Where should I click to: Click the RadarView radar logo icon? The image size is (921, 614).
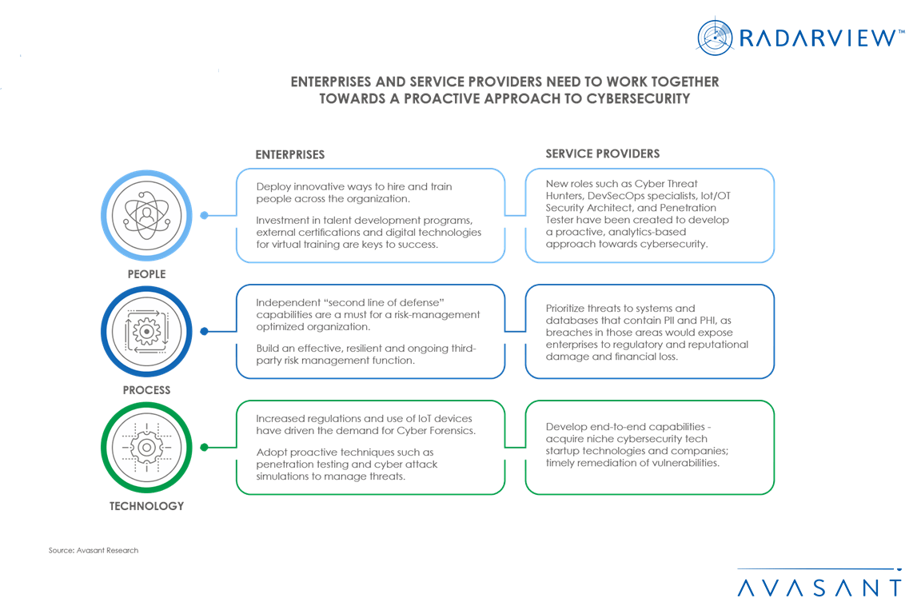tap(715, 37)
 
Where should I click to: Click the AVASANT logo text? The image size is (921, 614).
tap(819, 588)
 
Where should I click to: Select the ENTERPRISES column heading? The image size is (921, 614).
tap(290, 154)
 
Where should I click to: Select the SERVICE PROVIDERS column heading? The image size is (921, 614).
tap(603, 153)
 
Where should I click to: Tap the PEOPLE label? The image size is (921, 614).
tap(146, 274)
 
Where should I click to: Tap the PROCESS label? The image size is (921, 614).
tap(146, 390)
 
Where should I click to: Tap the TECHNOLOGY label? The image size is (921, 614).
tap(146, 506)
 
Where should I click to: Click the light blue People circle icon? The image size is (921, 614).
tap(146, 215)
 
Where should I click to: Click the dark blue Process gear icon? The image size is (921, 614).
tap(146, 331)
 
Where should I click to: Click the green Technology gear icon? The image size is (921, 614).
tap(146, 447)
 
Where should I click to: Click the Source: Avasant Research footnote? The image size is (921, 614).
tap(93, 550)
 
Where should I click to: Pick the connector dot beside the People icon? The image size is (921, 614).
tap(205, 215)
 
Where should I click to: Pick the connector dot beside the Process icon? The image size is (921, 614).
tap(205, 331)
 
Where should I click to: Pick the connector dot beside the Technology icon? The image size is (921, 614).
tap(205, 447)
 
